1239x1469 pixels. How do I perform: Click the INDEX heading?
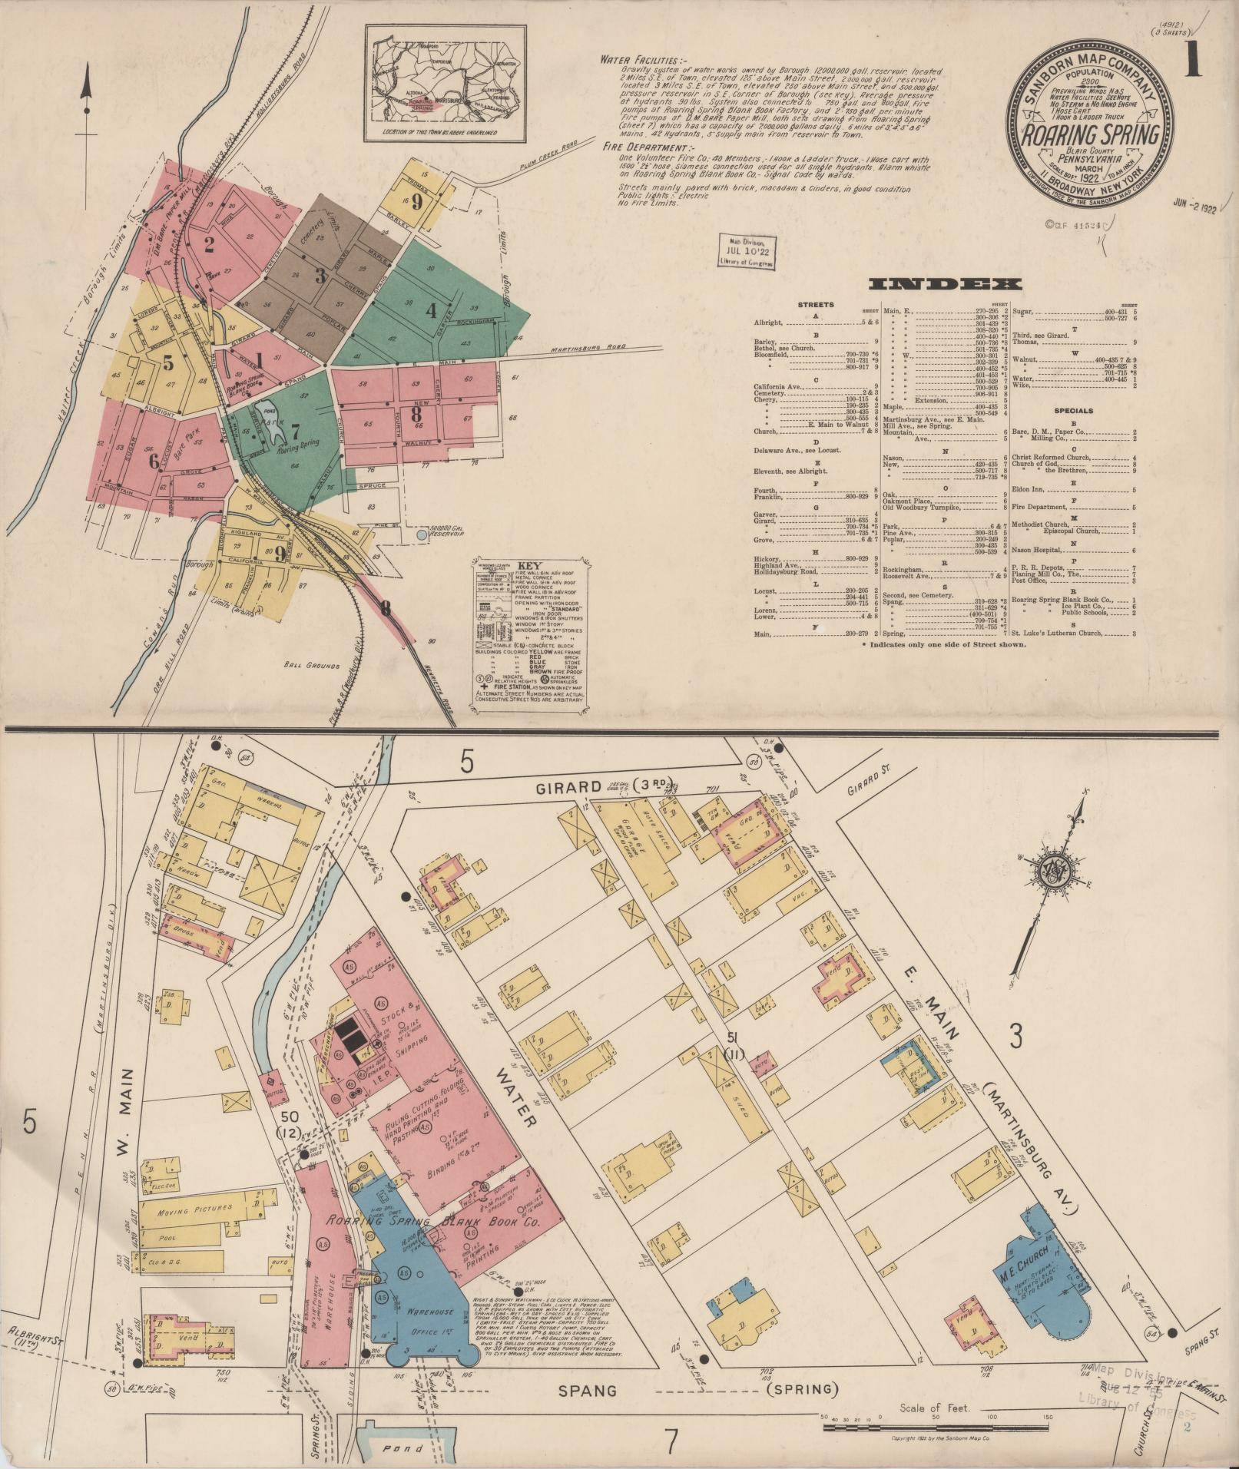pos(945,285)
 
